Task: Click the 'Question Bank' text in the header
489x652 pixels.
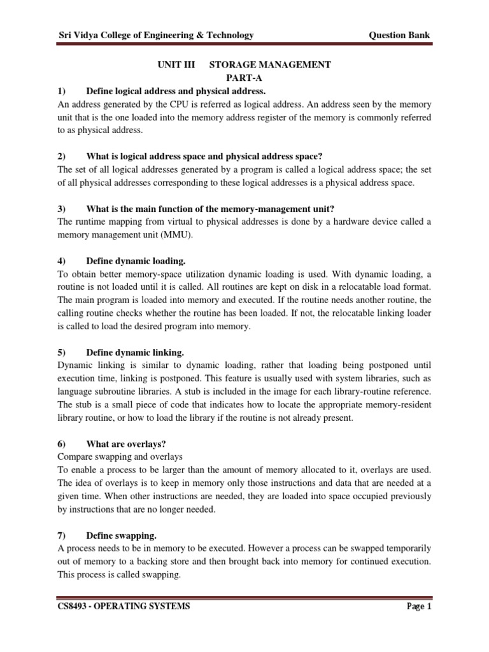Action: tap(400, 35)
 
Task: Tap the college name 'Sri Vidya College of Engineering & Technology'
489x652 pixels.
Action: tap(155, 35)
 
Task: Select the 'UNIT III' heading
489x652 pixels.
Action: tap(176, 65)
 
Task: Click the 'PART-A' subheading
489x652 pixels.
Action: tap(244, 78)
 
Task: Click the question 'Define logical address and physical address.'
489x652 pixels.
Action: tap(175, 92)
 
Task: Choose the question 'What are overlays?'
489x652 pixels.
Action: tap(125, 443)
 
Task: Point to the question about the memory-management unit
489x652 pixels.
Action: tap(209, 209)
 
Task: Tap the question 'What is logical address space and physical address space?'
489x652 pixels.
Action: tap(207, 157)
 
